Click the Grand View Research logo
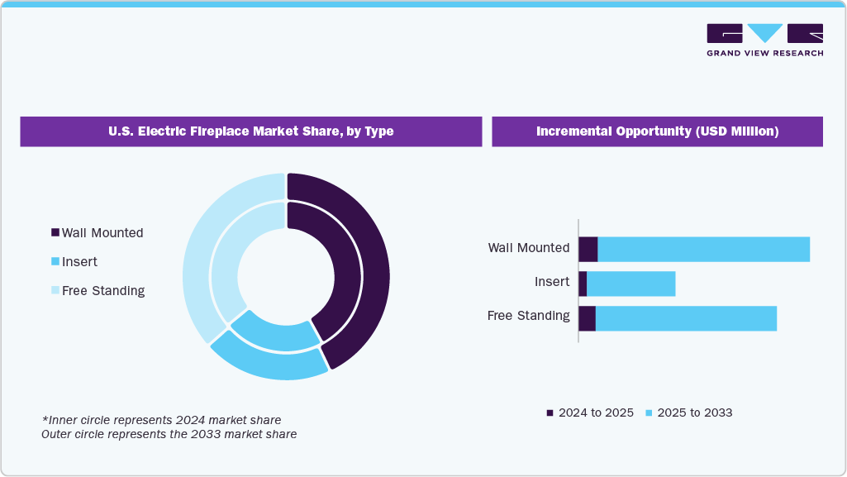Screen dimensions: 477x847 [764, 40]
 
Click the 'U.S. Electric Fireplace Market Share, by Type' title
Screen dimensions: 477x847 [251, 131]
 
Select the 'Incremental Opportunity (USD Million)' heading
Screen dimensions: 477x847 [657, 131]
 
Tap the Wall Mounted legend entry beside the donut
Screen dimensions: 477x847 [97, 233]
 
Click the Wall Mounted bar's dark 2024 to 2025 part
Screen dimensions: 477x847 [588, 249]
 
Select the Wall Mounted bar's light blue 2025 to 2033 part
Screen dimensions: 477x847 [703, 249]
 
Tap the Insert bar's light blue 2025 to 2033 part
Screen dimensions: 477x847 [630, 284]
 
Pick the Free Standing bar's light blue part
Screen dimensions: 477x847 [686, 318]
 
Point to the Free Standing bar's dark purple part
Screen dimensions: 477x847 [587, 318]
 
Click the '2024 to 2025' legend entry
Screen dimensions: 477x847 [590, 413]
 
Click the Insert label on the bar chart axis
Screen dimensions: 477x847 [552, 282]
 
